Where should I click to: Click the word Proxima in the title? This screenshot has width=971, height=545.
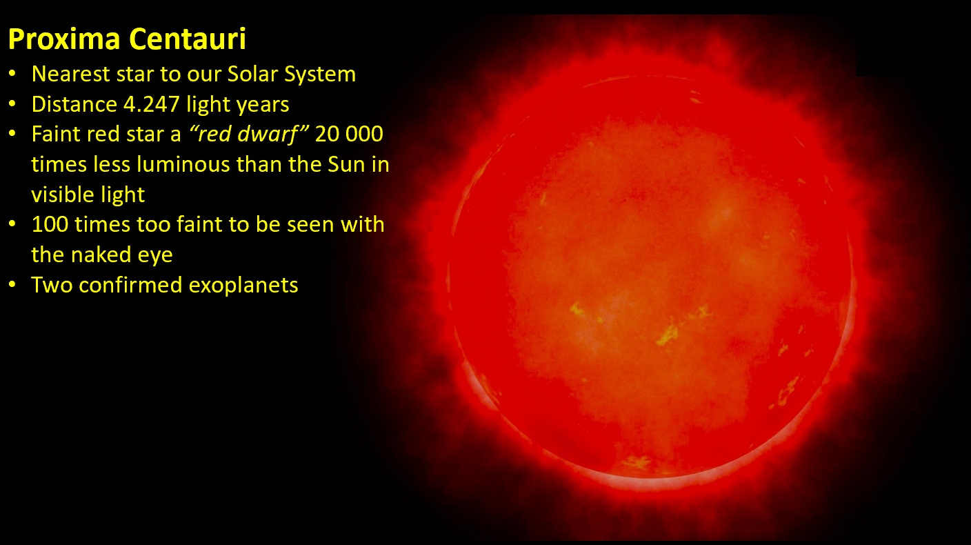coord(64,39)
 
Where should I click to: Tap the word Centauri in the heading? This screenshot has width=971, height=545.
coord(188,39)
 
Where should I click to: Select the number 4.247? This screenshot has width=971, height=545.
coord(151,104)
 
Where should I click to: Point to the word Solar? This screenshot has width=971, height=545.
coord(252,74)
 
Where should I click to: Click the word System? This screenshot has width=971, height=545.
coord(320,75)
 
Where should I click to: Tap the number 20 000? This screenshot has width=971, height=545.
coord(349,134)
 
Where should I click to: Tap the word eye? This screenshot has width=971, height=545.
coord(155,257)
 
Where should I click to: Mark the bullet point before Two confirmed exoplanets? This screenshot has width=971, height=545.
coord(12,285)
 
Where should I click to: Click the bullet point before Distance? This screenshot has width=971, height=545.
coord(12,104)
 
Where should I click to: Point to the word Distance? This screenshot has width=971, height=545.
coord(74,104)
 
